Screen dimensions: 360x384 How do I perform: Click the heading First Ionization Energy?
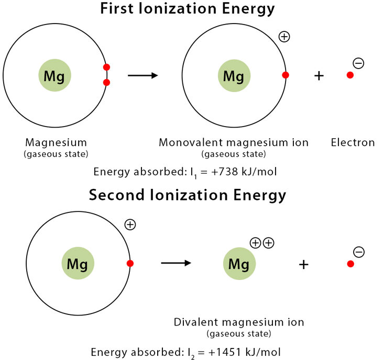pyautogui.click(x=188, y=9)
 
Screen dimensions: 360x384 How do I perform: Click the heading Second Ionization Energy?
pyautogui.click(x=188, y=195)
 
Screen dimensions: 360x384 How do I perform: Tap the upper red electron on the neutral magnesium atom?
pyautogui.click(x=107, y=67)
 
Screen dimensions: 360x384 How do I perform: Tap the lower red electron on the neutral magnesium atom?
pyautogui.click(x=107, y=82)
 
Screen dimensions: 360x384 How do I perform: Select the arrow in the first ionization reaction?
pyautogui.click(x=142, y=75)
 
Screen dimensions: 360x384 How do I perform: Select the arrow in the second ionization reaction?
pyautogui.click(x=176, y=263)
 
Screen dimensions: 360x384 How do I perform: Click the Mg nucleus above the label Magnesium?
pyautogui.click(x=54, y=76)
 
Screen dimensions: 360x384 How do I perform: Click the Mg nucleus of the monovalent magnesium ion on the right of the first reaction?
pyautogui.click(x=234, y=76)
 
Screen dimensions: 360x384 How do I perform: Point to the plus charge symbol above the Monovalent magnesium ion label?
pyautogui.click(x=284, y=37)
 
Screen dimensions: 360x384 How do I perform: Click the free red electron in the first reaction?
pyautogui.click(x=350, y=75)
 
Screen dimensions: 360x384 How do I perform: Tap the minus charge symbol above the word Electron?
pyautogui.click(x=359, y=64)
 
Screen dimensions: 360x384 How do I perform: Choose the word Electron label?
pyautogui.click(x=353, y=142)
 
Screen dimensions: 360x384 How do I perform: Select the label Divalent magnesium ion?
pyautogui.click(x=239, y=322)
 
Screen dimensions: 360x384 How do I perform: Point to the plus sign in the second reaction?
pyautogui.click(x=304, y=264)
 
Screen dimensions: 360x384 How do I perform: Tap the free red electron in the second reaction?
pyautogui.click(x=350, y=264)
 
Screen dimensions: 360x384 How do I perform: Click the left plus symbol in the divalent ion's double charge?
pyautogui.click(x=256, y=243)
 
